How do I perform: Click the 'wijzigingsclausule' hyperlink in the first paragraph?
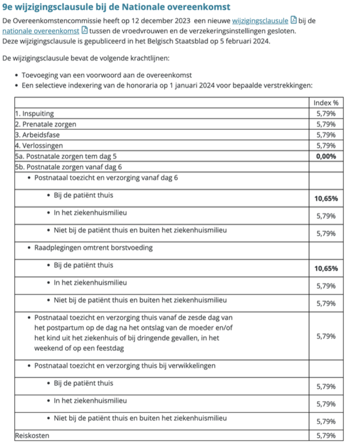[260, 21]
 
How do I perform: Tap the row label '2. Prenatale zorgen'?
[46, 124]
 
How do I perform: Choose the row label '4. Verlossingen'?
[39, 145]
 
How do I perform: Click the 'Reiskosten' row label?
[31, 436]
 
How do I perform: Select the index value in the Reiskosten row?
[326, 436]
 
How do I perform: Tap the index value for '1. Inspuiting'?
[326, 113]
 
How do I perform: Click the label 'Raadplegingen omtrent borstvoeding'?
[93, 248]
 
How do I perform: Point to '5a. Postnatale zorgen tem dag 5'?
[66, 156]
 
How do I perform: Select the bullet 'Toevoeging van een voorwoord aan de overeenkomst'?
[107, 75]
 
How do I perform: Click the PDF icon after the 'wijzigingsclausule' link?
[293, 21]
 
